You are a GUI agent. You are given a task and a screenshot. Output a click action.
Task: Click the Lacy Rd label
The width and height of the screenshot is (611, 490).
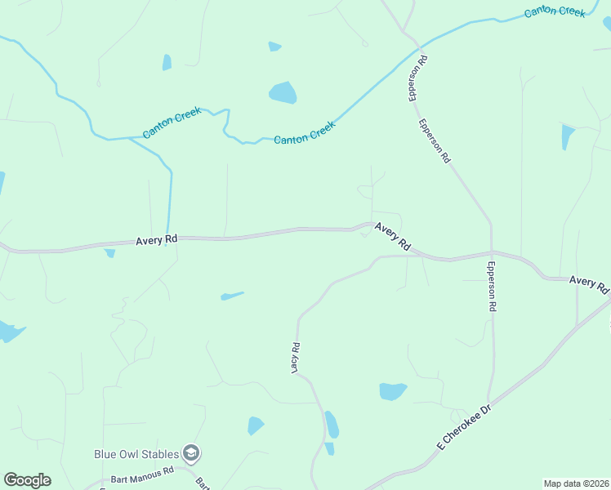point(297,358)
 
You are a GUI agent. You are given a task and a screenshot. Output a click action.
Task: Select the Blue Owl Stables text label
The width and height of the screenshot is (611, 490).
point(136,452)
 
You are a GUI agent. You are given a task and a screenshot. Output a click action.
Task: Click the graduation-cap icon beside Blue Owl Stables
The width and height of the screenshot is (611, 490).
point(191,452)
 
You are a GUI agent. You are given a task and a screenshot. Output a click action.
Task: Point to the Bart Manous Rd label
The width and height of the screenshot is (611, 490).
point(139,471)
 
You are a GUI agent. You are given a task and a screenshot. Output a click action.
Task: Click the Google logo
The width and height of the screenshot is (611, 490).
point(27,480)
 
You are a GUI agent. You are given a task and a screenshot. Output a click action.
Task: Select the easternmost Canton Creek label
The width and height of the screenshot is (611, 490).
point(555,11)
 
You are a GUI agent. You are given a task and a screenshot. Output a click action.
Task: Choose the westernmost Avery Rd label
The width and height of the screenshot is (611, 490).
point(157,240)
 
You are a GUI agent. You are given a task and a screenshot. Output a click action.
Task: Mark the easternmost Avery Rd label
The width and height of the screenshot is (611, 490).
point(589,284)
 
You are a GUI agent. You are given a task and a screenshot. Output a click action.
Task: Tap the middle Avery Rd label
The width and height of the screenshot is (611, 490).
point(393,236)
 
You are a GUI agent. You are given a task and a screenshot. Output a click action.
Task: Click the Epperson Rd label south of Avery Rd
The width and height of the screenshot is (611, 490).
point(493,287)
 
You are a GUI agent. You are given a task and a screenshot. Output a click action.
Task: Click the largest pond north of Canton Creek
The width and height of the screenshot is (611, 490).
point(283,92)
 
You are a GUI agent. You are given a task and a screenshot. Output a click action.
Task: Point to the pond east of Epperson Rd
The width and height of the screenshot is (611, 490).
point(567,136)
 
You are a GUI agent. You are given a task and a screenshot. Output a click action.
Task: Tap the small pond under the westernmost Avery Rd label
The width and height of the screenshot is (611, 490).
point(109,253)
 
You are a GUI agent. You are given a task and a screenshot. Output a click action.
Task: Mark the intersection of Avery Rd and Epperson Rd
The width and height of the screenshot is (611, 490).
point(492,252)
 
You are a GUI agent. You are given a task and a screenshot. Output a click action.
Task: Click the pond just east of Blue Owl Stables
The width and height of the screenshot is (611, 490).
point(255,425)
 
